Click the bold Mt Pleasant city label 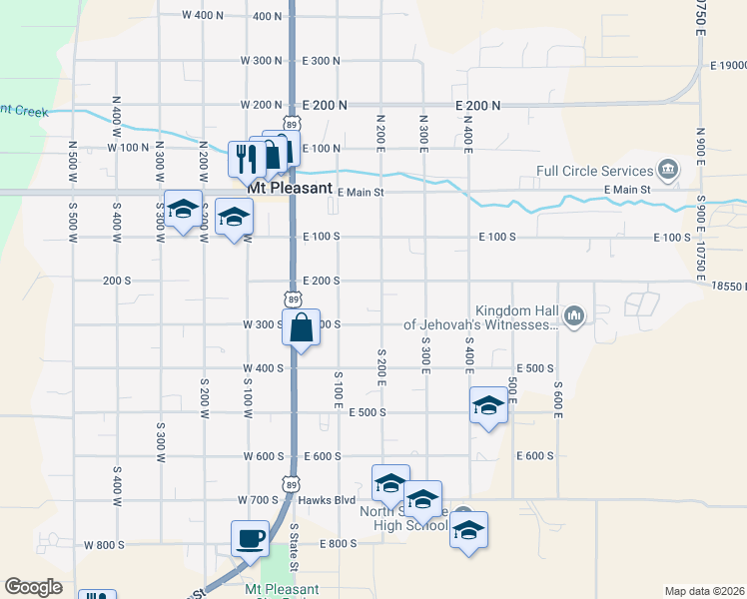[x=289, y=188]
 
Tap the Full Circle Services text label [x=594, y=171]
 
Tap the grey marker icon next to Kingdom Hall [x=573, y=317]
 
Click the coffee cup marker [x=250, y=538]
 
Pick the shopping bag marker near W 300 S [x=301, y=327]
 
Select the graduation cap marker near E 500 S [x=488, y=405]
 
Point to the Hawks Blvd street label [x=331, y=499]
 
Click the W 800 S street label [x=104, y=545]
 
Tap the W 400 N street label [x=204, y=16]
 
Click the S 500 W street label [x=73, y=160]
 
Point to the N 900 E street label [x=701, y=154]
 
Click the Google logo [x=34, y=588]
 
